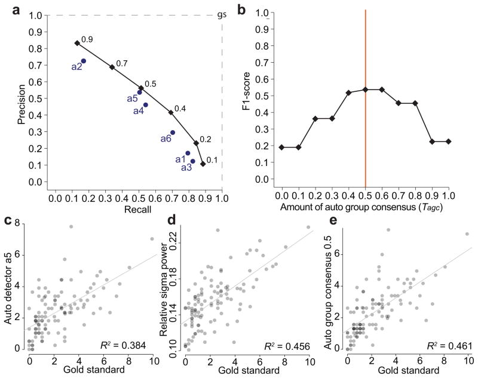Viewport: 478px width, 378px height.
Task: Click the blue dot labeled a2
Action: coord(84,61)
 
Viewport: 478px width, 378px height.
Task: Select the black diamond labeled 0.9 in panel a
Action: coord(77,43)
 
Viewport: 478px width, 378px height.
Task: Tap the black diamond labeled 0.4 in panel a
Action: coord(171,112)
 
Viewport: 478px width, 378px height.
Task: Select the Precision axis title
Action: coord(22,99)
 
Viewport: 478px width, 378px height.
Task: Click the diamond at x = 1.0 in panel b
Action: coord(448,142)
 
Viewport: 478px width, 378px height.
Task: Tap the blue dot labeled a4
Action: coord(146,105)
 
